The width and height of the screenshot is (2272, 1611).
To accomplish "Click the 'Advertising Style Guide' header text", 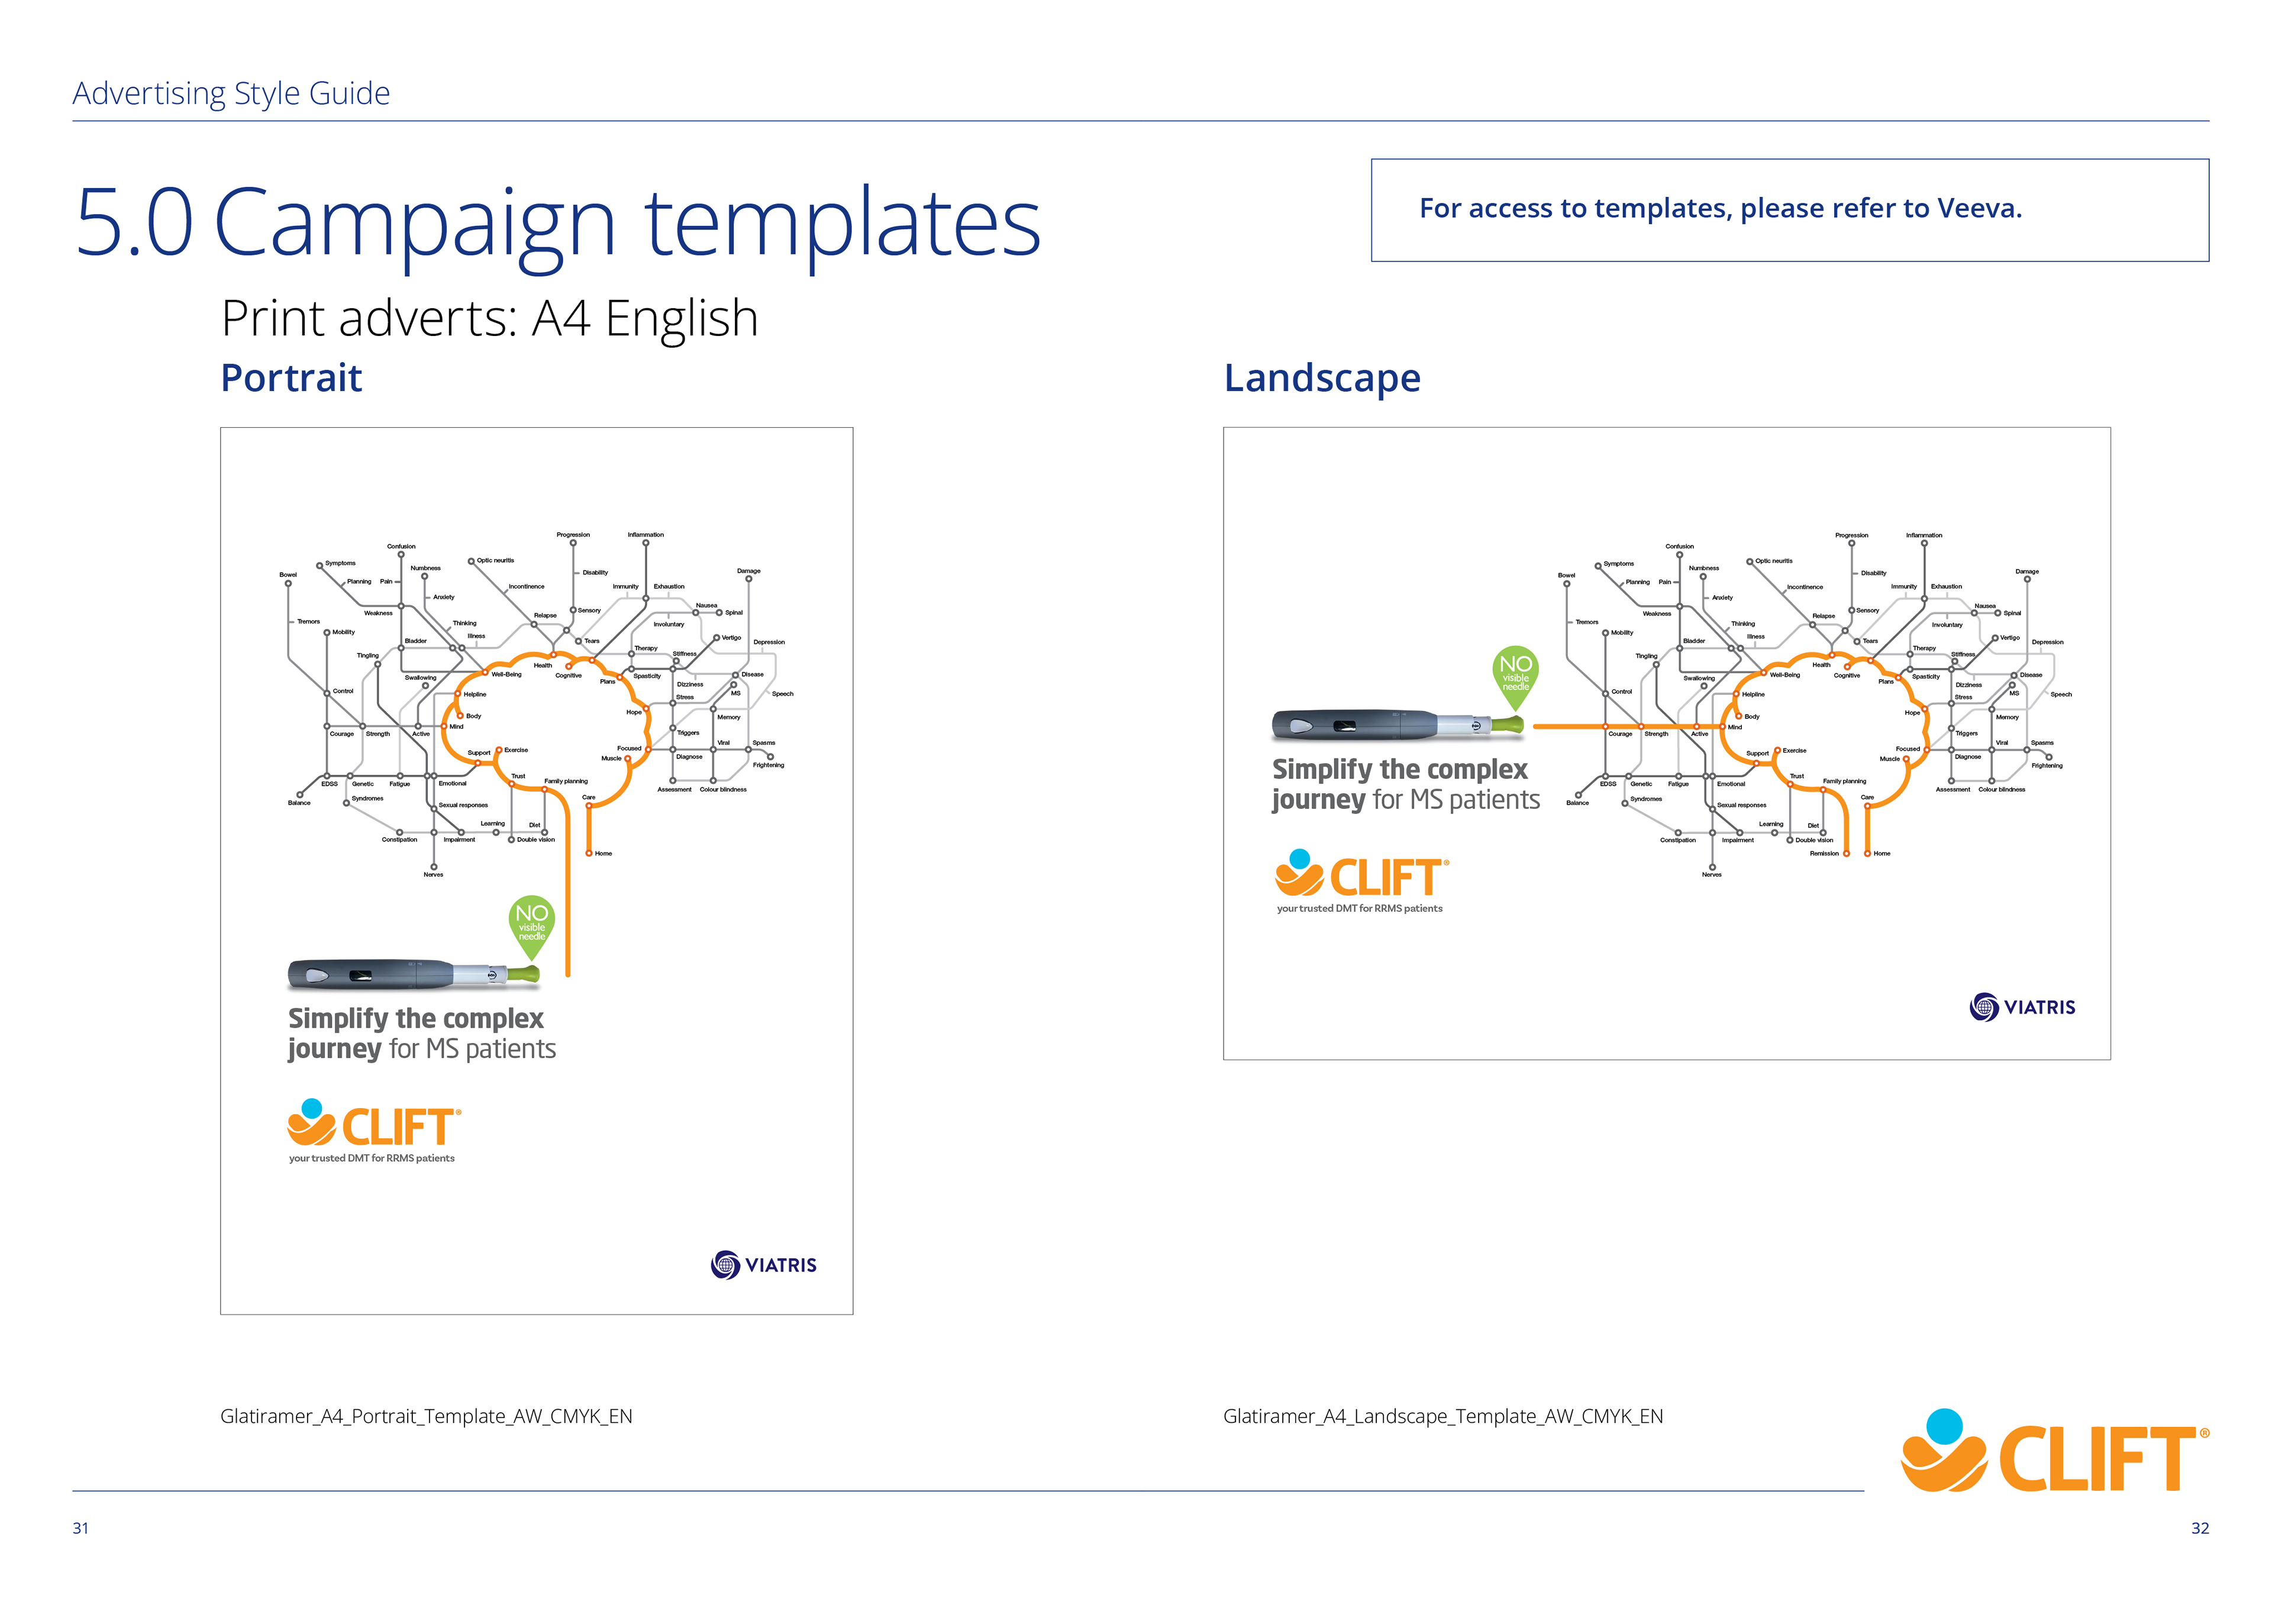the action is (231, 93).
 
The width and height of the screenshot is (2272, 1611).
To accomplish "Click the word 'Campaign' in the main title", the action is (415, 224).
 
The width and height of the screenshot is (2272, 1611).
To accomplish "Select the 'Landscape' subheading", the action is (1322, 378).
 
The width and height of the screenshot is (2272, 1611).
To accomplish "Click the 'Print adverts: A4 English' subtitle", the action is (489, 318).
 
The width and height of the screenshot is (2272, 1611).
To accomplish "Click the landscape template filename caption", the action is (1442, 1416).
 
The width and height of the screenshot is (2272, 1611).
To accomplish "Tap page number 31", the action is (80, 1529).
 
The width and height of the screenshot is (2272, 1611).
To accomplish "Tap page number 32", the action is (2200, 1529).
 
